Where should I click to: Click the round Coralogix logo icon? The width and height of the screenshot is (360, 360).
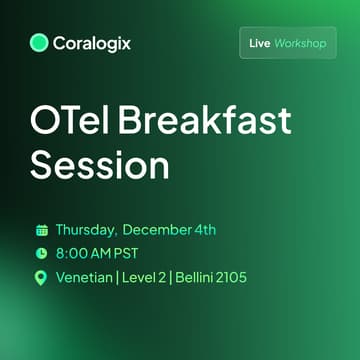coord(40,43)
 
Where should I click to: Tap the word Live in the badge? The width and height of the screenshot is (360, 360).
coord(259,44)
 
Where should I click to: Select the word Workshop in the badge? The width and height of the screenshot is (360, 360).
coord(301,44)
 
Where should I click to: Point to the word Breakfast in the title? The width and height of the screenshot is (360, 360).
coord(201,122)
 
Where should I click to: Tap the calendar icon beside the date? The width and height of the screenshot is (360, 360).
coord(41,229)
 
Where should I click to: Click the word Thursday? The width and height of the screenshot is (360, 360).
coord(86,229)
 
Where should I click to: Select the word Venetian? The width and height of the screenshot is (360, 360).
coord(87,277)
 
